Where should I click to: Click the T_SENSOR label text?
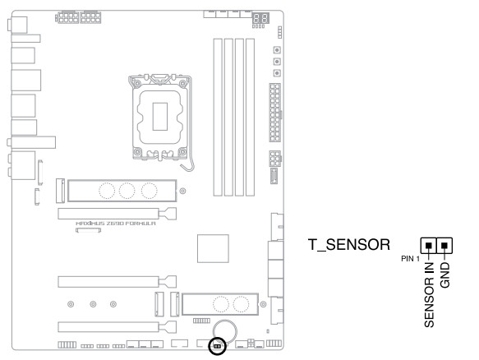pos(349,245)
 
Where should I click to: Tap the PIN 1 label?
pos(410,259)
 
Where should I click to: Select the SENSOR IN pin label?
pos(429,295)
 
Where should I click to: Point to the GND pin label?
pos(445,275)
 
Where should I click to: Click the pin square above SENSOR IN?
pos(429,246)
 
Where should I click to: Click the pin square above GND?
pos(444,246)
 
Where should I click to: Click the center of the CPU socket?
pos(160,117)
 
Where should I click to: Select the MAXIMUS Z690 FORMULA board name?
pos(116,224)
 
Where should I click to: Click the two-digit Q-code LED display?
pos(260,18)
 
